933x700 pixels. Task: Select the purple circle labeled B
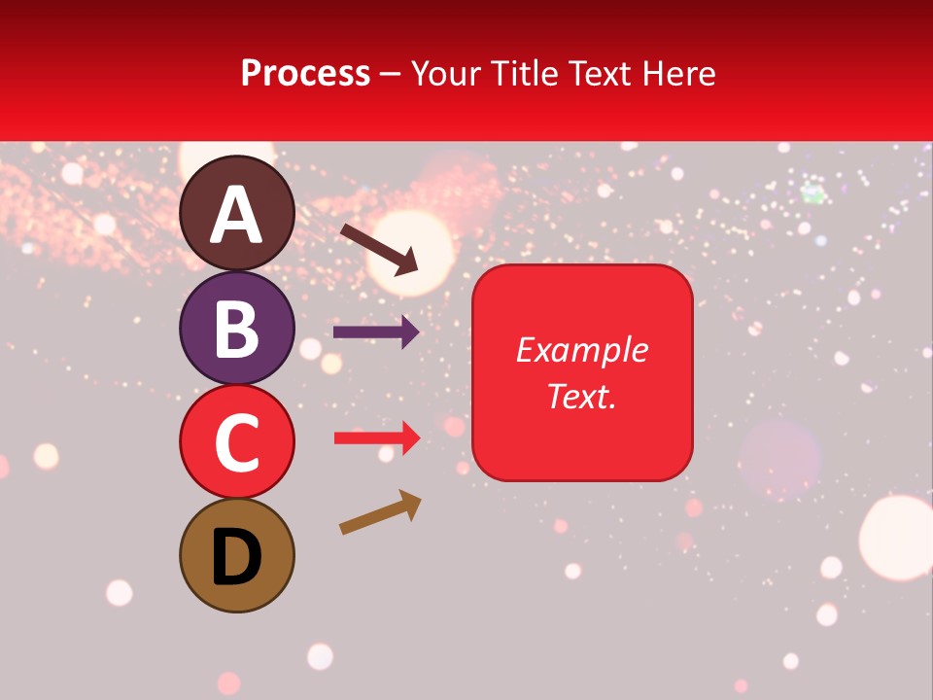pos(237,328)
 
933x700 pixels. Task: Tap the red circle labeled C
pos(237,441)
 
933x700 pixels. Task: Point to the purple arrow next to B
pos(376,332)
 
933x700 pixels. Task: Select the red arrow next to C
pos(376,438)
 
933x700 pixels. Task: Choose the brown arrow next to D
pos(380,512)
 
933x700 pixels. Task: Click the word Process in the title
pos(305,74)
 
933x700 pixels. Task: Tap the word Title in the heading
pos(525,74)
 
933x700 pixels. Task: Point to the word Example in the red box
pos(581,350)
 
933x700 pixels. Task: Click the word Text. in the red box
pos(581,396)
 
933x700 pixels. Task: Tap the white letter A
pos(237,214)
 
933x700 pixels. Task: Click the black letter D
pos(237,558)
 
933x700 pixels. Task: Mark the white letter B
pos(237,328)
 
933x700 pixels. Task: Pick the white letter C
pos(237,441)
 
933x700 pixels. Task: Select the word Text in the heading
pos(598,74)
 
